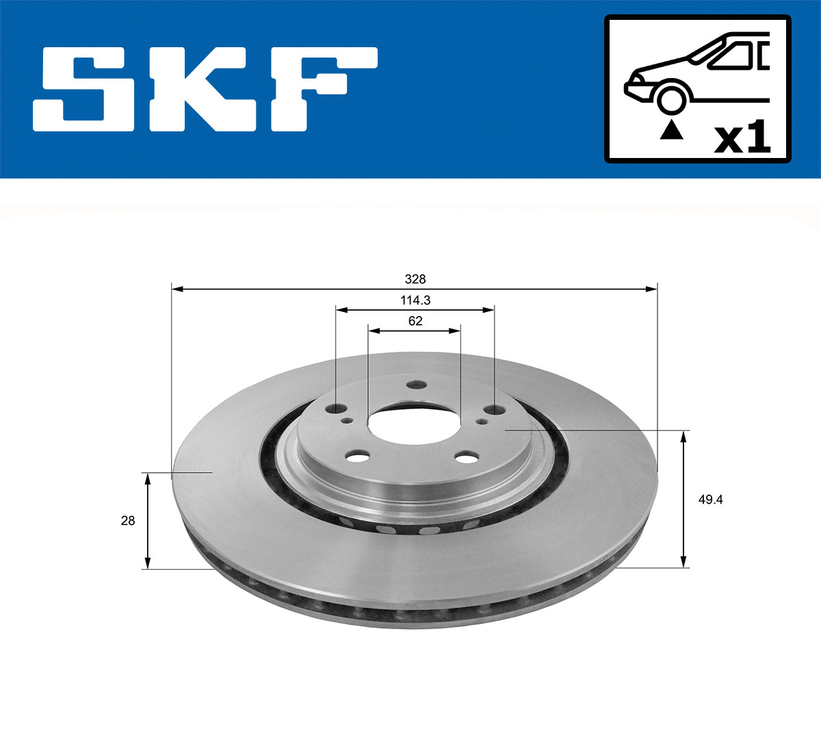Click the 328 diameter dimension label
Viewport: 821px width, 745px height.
(415, 279)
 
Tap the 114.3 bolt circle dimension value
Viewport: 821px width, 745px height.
(415, 300)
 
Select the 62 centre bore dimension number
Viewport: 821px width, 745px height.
(415, 321)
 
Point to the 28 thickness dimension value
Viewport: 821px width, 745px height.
(128, 521)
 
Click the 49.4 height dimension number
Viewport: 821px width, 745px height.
(710, 499)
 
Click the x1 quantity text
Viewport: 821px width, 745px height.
(742, 139)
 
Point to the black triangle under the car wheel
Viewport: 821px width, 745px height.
(671, 129)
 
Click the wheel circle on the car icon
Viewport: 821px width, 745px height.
(671, 99)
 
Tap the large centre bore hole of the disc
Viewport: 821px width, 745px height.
(414, 421)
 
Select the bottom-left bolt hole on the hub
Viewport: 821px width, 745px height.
(358, 456)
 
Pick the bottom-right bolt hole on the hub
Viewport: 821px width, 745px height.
(468, 456)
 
